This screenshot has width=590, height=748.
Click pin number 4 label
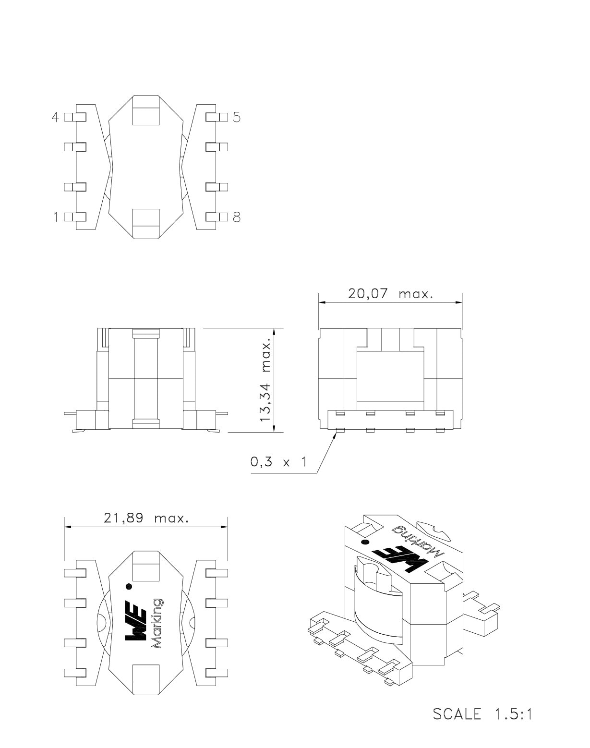click(x=55, y=118)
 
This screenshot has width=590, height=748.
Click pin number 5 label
click(x=237, y=118)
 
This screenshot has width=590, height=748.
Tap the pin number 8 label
click(x=237, y=217)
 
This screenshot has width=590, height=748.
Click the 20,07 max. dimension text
click(x=391, y=294)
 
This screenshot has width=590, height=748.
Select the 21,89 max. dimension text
click(x=146, y=518)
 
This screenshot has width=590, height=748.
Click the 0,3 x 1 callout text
click(x=279, y=462)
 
